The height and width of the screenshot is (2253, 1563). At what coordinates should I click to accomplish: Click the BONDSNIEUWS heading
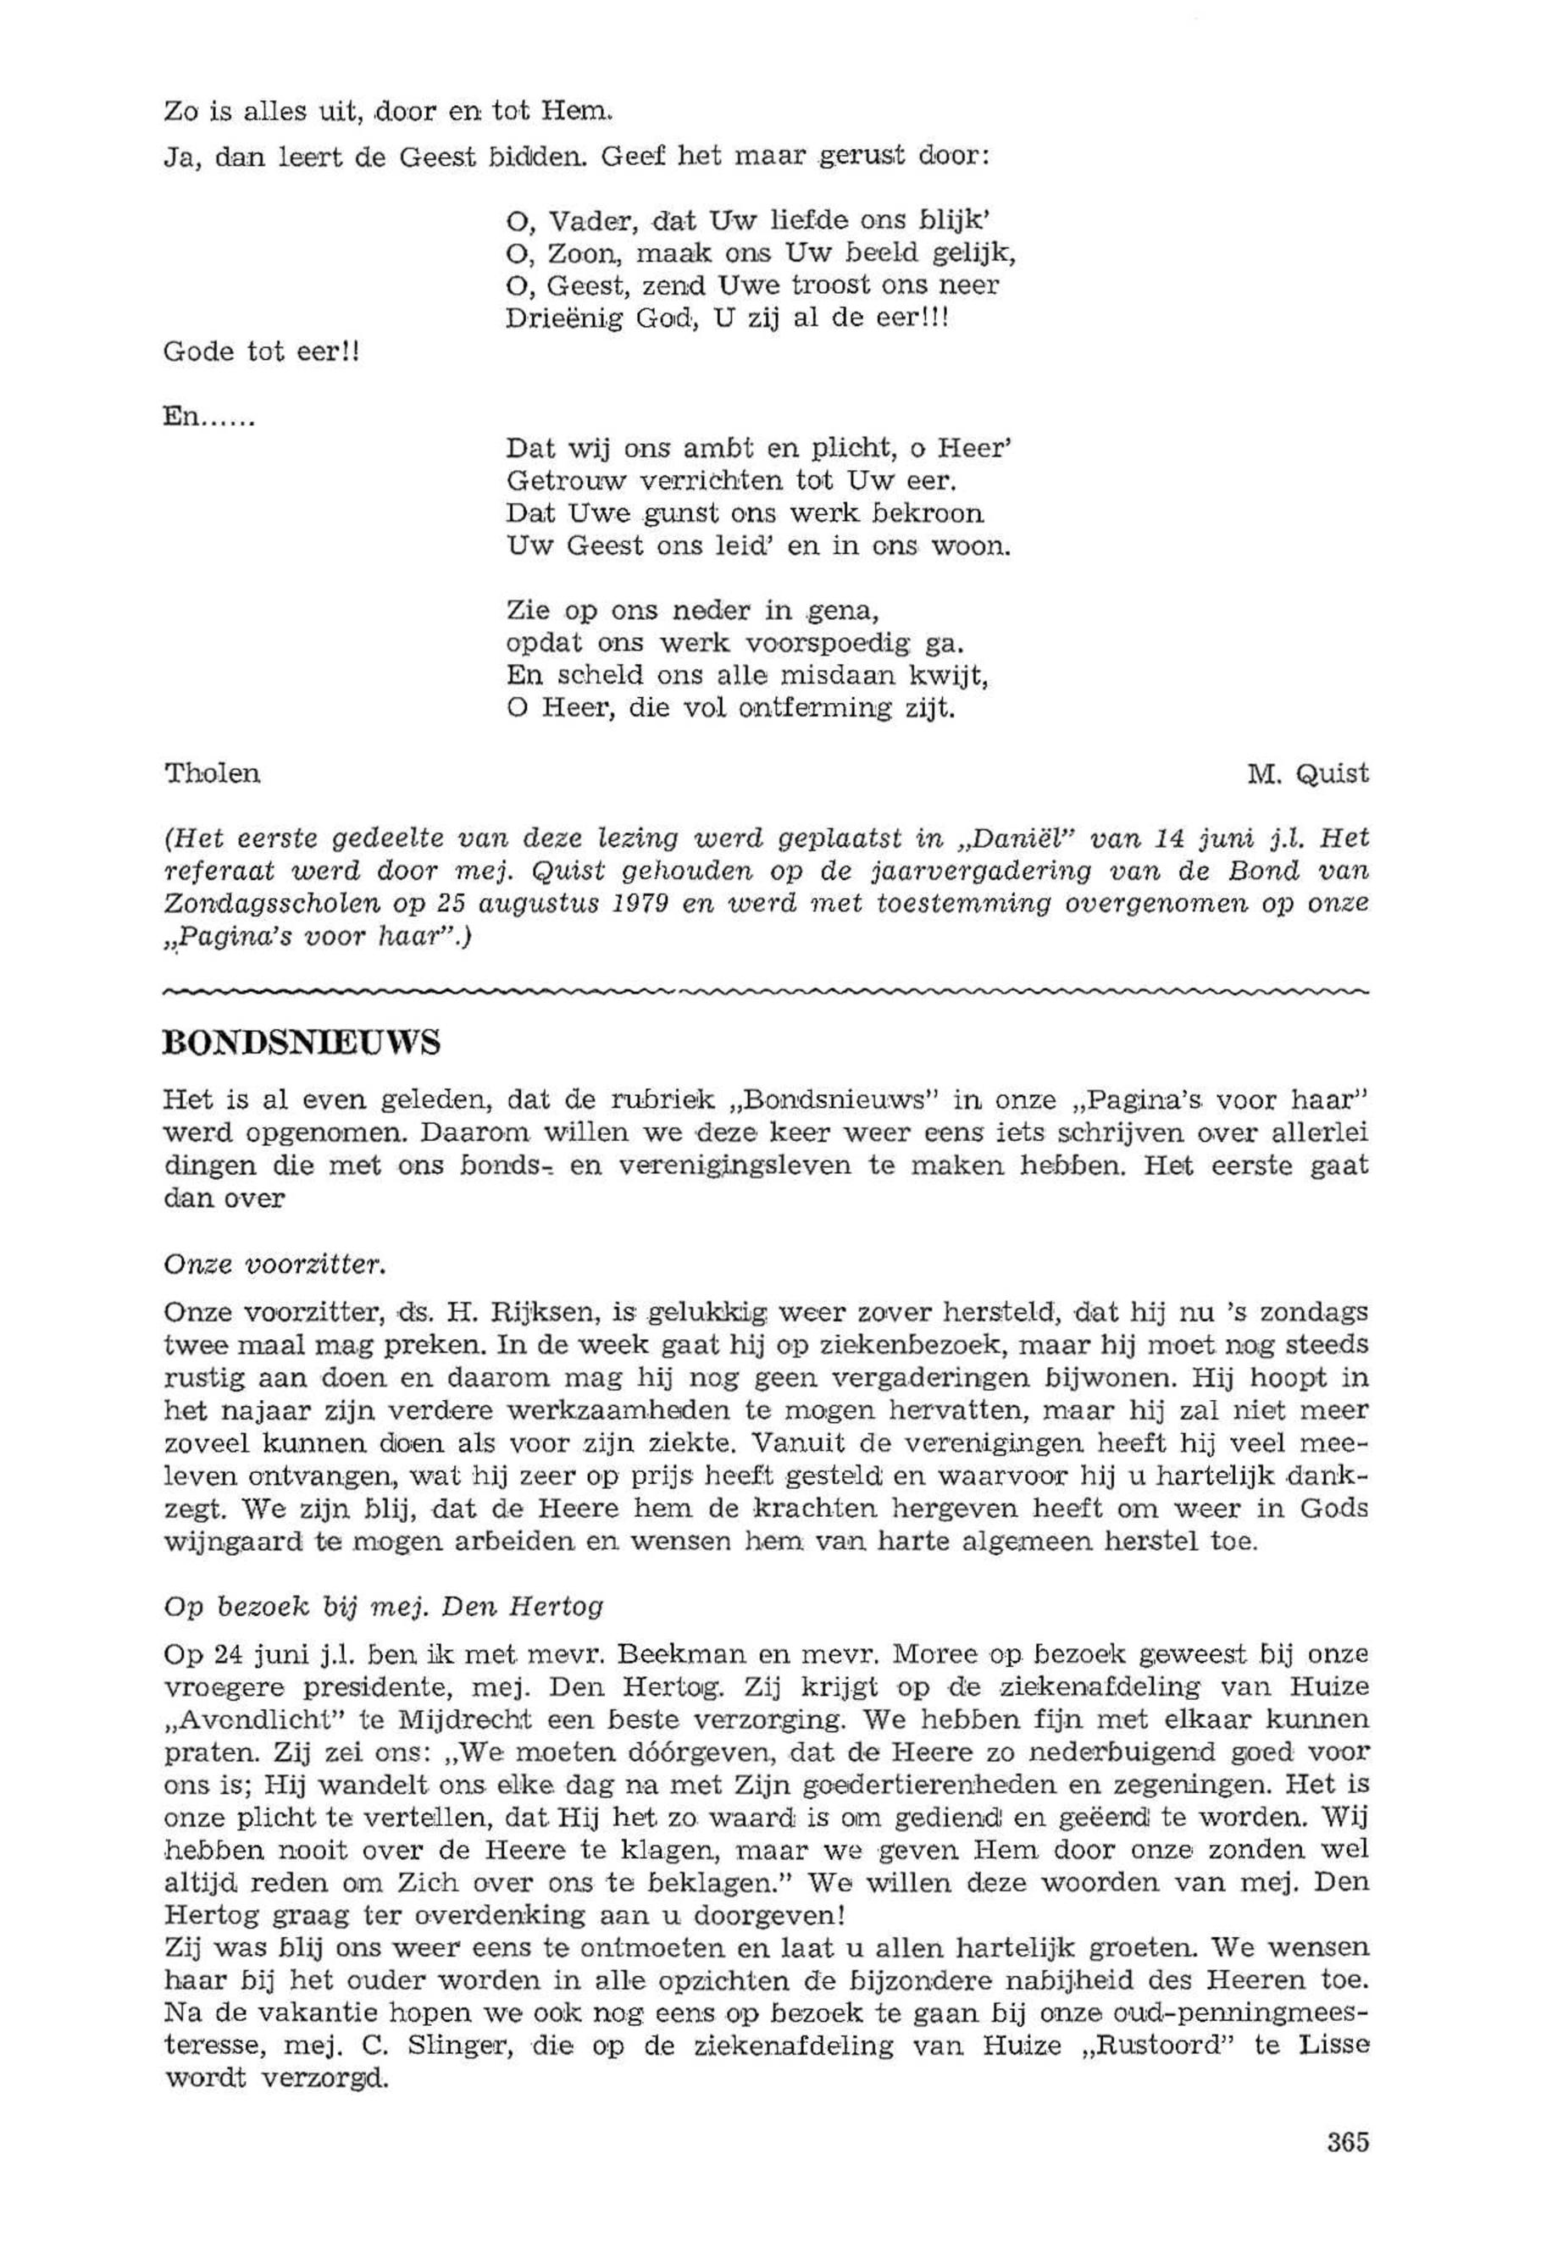click(301, 1043)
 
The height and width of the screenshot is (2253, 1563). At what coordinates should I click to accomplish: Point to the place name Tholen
click(212, 774)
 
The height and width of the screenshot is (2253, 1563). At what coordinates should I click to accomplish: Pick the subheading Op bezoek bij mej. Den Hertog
click(383, 1607)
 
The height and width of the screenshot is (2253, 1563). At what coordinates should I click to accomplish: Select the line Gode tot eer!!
click(262, 352)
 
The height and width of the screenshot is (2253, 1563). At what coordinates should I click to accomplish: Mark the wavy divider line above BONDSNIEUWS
click(764, 993)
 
